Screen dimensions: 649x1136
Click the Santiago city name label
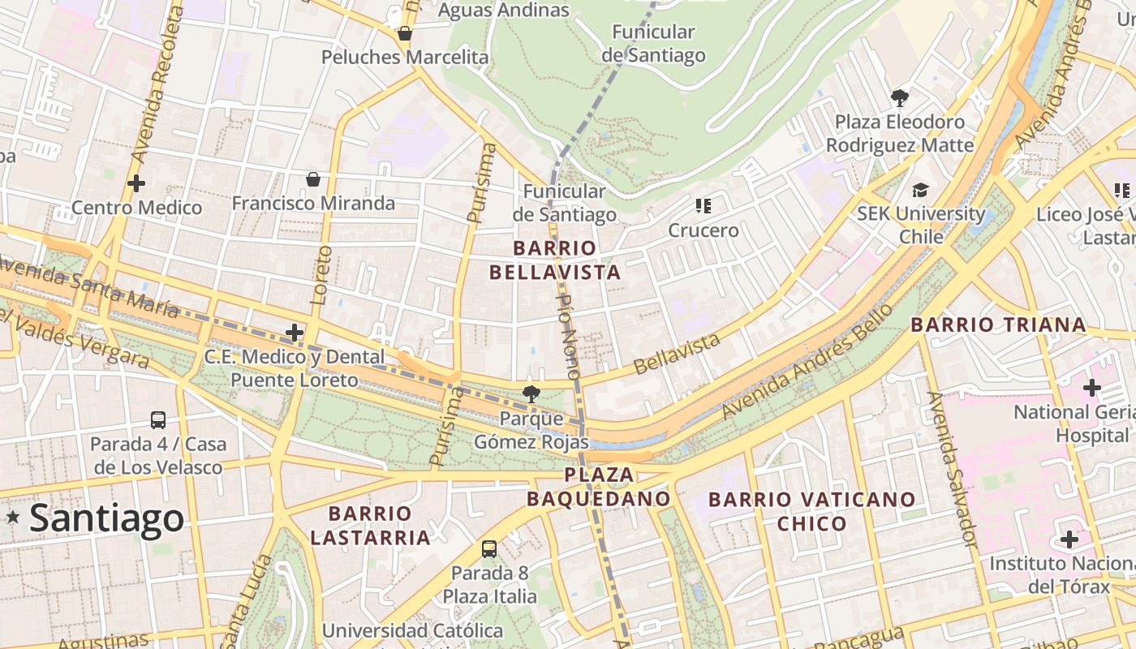106,518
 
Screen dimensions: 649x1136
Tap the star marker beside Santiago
13,517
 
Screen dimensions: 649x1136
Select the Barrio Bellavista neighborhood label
555,260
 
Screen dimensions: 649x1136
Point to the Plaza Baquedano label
599,486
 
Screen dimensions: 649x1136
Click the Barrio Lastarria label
370,526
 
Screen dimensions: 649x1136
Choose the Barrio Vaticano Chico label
811,511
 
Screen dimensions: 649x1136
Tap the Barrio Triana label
998,325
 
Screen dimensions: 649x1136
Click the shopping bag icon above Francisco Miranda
313,179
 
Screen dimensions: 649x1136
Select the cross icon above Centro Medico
136,183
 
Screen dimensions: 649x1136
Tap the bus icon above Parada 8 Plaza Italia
489,549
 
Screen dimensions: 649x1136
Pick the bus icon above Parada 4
158,420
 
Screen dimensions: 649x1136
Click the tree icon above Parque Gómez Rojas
531,395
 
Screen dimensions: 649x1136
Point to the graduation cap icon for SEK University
920,191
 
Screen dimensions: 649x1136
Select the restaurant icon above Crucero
703,206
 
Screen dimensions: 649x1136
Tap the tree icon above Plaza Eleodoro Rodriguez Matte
899,98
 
